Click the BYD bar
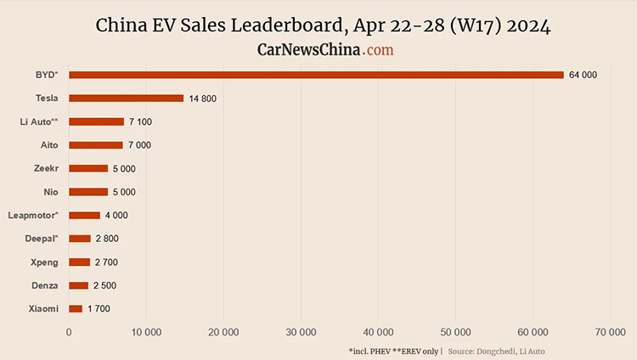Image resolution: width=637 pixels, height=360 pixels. pos(316,75)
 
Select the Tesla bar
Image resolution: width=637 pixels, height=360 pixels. pos(126,98)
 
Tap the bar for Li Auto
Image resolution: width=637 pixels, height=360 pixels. pos(96,121)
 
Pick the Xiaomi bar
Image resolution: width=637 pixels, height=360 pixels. pos(76,308)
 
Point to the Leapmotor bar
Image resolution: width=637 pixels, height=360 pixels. pos(84,215)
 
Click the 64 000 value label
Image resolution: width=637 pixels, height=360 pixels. pos(583,76)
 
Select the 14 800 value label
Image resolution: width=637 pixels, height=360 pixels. pos(202,98)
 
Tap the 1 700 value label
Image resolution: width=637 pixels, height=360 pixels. pos(99,309)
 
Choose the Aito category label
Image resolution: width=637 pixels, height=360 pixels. pos(49,145)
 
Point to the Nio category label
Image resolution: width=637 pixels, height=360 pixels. pos(51,192)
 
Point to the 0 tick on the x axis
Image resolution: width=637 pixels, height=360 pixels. pos(69,331)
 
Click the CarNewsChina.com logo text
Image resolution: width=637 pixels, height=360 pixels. pos(325,50)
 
